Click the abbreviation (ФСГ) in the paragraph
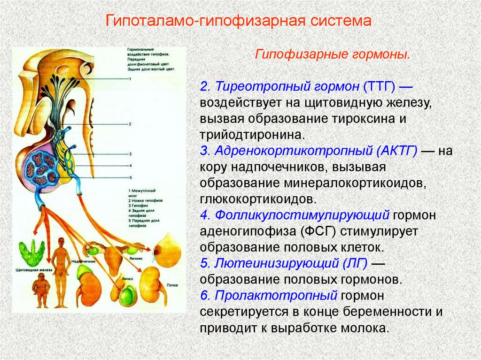coord(321,231)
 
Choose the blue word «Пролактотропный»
coord(277,296)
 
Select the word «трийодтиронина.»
coord(253,135)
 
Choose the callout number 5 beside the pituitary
coord(130,177)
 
